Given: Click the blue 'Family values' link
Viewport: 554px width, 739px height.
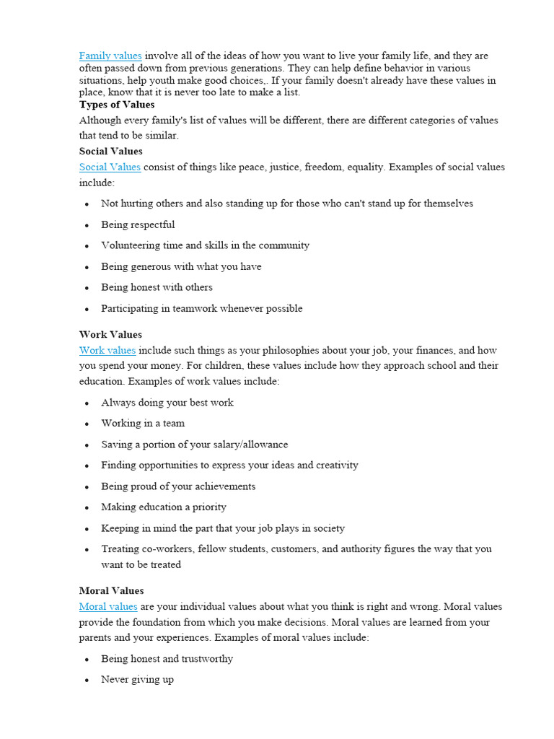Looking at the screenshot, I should tap(110, 56).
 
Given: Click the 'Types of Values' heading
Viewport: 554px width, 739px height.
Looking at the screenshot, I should tap(117, 105).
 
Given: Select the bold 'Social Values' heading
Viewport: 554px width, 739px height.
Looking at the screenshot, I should tap(110, 151).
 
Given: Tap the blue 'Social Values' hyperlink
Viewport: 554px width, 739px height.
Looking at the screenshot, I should tap(110, 167).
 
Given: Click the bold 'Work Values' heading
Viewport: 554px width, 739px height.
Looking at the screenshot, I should tap(110, 334).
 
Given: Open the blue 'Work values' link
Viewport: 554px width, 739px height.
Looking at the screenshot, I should tap(107, 350).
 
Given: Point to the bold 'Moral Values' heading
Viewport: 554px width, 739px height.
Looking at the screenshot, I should tap(111, 590).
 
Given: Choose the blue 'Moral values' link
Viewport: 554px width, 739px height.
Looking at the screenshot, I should tap(108, 606).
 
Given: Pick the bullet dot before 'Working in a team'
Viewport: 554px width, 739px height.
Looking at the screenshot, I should tap(87, 424).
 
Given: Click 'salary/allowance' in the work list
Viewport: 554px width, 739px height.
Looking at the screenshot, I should tap(248, 445).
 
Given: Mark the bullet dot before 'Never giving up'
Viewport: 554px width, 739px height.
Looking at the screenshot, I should tap(87, 681).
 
